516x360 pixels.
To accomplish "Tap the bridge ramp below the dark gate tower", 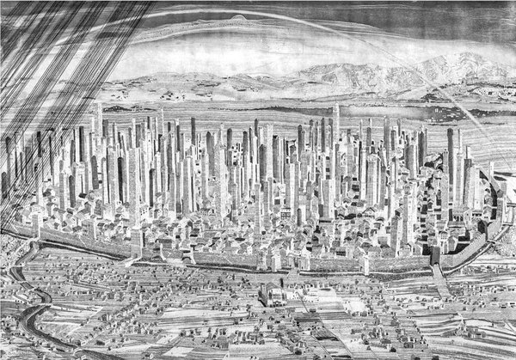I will [x=441, y=280].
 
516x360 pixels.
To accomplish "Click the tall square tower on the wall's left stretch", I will [x=136, y=241].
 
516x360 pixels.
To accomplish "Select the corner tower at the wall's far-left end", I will [x=36, y=222].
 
